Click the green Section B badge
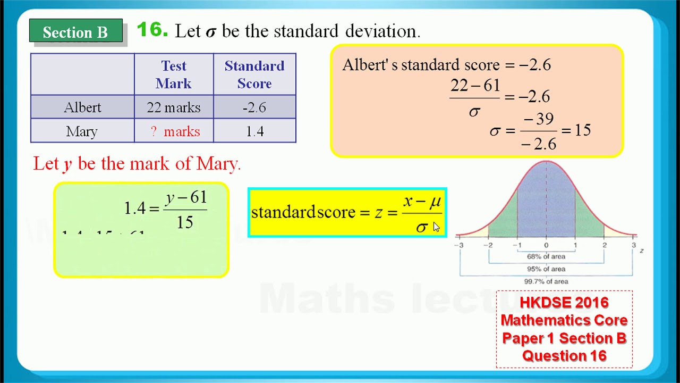pyautogui.click(x=75, y=32)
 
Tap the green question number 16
pyautogui.click(x=152, y=30)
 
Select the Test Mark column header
pyautogui.click(x=174, y=74)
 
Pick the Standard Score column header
pyautogui.click(x=254, y=74)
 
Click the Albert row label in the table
pyautogui.click(x=82, y=107)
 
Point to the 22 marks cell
pyautogui.click(x=174, y=107)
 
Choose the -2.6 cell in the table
pyautogui.click(x=254, y=107)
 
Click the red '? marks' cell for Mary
pyautogui.click(x=175, y=131)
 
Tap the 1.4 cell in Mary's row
pyautogui.click(x=254, y=131)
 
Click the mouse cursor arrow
pyautogui.click(x=436, y=227)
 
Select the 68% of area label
pyautogui.click(x=546, y=256)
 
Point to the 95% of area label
pyautogui.click(x=546, y=269)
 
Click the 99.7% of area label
pyautogui.click(x=546, y=281)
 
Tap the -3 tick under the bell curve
pyautogui.click(x=458, y=245)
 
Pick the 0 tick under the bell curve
pyautogui.click(x=546, y=245)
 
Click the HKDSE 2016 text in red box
pyautogui.click(x=564, y=303)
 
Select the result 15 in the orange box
pyautogui.click(x=583, y=130)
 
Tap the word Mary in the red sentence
pyautogui.click(x=218, y=164)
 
